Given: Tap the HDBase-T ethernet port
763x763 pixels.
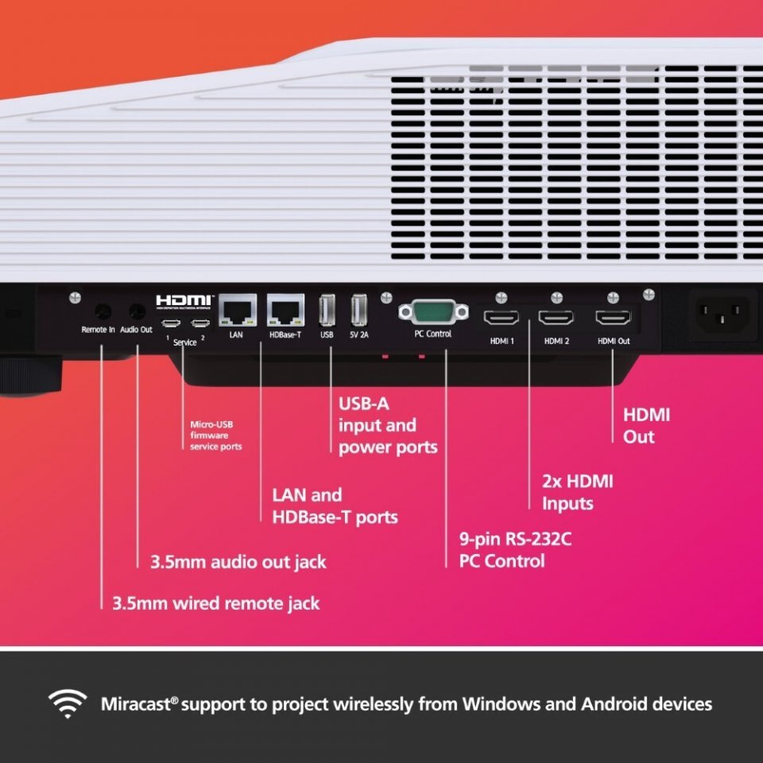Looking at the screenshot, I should [284, 309].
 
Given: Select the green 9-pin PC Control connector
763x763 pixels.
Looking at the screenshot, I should [432, 312].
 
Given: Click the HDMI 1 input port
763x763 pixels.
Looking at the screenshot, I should [501, 318].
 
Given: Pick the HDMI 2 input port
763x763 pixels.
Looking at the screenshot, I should [556, 318].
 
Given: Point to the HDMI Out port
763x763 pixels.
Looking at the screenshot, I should [613, 318].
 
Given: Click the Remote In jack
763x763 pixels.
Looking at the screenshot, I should [102, 311].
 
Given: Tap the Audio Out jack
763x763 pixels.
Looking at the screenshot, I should [137, 311].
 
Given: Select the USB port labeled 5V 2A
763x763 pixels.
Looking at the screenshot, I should [359, 310].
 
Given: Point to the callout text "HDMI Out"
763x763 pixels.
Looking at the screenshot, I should [646, 425].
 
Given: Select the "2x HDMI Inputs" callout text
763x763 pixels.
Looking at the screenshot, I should [577, 492].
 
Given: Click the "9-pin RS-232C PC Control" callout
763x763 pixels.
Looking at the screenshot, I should [515, 550].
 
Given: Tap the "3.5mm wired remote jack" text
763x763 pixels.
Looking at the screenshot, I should [215, 603].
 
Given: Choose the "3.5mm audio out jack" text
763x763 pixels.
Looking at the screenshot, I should [238, 562].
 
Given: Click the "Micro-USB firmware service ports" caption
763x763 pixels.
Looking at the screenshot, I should [215, 436].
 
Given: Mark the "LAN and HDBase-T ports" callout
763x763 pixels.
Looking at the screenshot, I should [335, 505].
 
